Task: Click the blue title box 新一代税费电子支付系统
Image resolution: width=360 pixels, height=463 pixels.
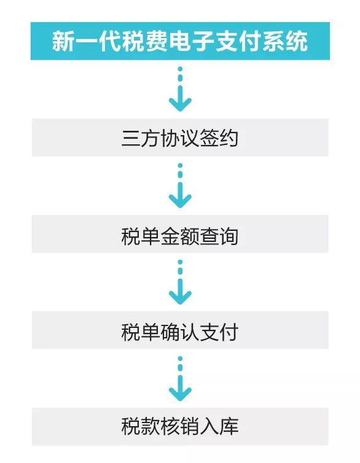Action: click(x=180, y=41)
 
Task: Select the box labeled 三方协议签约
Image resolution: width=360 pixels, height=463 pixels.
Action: click(x=180, y=138)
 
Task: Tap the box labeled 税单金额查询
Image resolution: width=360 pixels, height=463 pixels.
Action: click(x=180, y=234)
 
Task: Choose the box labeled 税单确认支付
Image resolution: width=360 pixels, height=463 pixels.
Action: click(x=180, y=330)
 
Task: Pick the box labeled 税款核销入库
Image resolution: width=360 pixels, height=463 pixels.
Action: click(x=180, y=427)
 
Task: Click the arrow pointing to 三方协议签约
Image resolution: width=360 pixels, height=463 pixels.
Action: click(x=180, y=89)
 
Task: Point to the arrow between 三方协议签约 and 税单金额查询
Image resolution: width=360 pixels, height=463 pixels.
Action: click(x=180, y=185)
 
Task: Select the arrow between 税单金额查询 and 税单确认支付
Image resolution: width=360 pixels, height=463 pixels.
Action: click(x=180, y=282)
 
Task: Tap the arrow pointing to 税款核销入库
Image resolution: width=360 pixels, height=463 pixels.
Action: click(x=180, y=378)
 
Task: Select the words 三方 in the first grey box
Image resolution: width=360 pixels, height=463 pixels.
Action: click(x=141, y=138)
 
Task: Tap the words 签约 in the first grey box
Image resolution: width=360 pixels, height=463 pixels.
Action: click(x=219, y=138)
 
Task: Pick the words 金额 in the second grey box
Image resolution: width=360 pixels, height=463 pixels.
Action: click(x=180, y=236)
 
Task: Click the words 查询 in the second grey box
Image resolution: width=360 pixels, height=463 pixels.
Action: click(x=219, y=236)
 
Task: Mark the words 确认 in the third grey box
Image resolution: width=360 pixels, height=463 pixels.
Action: click(x=180, y=332)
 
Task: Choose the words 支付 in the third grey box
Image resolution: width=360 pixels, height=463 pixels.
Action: click(x=219, y=332)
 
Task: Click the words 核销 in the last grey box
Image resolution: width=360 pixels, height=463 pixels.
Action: click(x=180, y=426)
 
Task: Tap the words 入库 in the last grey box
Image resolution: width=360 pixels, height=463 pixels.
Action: click(x=219, y=426)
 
